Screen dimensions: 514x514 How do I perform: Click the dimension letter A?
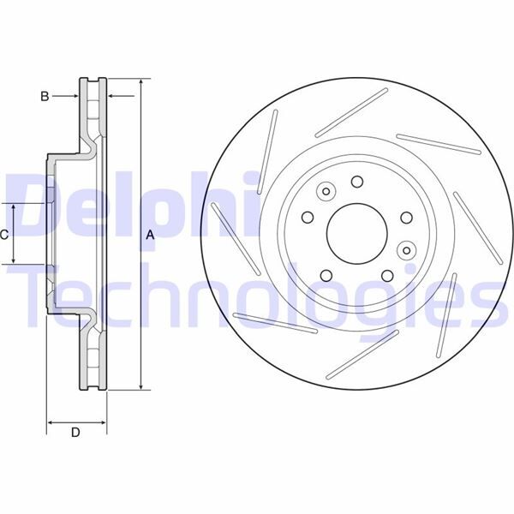pyautogui.click(x=151, y=234)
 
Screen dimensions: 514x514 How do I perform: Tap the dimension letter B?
pyautogui.click(x=45, y=96)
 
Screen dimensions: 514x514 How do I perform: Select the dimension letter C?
pyautogui.click(x=5, y=234)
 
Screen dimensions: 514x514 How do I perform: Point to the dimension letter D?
pyautogui.click(x=75, y=433)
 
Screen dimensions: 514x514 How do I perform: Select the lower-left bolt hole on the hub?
pyautogui.click(x=326, y=275)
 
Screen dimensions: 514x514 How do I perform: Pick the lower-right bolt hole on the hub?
pyautogui.click(x=388, y=275)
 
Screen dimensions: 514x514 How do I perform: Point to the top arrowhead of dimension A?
pyautogui.click(x=140, y=84)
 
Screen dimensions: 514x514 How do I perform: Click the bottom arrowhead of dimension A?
pyautogui.click(x=140, y=386)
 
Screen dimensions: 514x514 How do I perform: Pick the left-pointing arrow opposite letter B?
pyautogui.click(x=116, y=96)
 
